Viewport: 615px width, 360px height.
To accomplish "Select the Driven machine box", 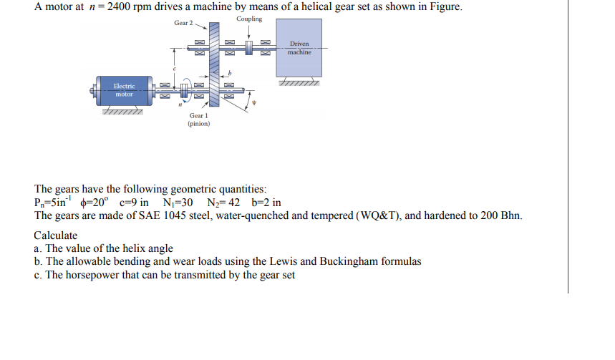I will (299, 49).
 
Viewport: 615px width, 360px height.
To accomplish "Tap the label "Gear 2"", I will (183, 23).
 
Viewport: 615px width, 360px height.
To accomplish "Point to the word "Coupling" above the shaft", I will (248, 19).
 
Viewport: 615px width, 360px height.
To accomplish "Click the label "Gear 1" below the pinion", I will (198, 115).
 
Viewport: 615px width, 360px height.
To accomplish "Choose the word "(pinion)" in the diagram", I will (198, 123).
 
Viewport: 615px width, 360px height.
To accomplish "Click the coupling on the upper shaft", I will (249, 49).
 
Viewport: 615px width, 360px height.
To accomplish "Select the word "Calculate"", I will (56, 235).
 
